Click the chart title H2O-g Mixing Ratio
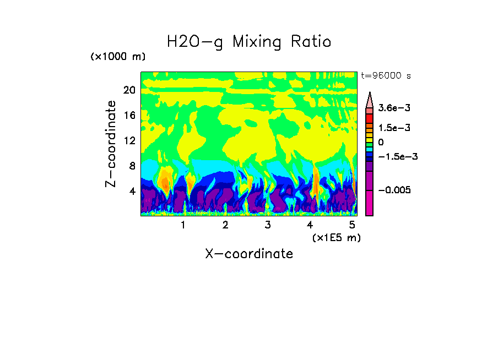point(249,41)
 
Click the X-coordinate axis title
point(249,254)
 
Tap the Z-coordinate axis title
point(112,144)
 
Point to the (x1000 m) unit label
point(118,57)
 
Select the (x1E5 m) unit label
point(336,237)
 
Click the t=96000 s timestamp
point(386,76)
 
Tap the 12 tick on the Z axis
point(129,140)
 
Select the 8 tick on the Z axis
point(132,166)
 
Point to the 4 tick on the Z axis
point(132,191)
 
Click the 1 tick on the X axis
point(183,225)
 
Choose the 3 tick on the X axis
point(267,225)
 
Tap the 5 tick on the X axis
point(351,225)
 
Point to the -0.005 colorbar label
point(394,190)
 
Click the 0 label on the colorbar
point(381,142)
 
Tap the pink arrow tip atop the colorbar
point(370,99)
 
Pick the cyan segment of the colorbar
point(370,149)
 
